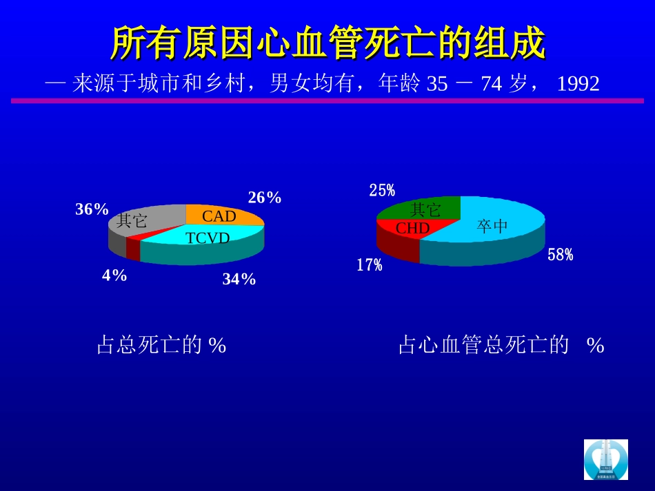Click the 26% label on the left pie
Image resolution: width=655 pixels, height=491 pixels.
click(x=265, y=198)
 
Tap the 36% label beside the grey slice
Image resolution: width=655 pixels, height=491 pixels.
click(x=92, y=209)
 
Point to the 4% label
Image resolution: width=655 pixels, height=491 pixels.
click(x=114, y=275)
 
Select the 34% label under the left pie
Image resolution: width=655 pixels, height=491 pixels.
click(x=239, y=279)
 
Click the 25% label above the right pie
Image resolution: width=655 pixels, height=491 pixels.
click(x=382, y=191)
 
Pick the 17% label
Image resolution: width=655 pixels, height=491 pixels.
click(x=370, y=265)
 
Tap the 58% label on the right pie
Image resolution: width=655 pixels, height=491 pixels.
click(x=561, y=255)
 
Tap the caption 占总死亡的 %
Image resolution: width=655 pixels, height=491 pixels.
click(x=161, y=344)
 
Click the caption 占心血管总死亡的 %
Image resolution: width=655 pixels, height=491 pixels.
click(x=501, y=344)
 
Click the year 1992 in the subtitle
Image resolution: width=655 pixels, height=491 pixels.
click(x=578, y=84)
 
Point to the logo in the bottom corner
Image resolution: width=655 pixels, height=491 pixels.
click(x=606, y=459)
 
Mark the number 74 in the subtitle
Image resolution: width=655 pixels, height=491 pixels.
click(x=491, y=84)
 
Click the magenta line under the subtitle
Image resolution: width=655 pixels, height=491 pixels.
click(x=327, y=101)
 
